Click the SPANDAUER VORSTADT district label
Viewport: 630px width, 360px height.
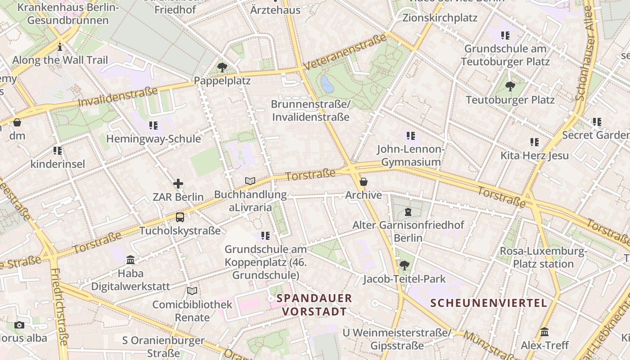click(x=314, y=305)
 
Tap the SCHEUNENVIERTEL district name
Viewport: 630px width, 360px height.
click(x=489, y=303)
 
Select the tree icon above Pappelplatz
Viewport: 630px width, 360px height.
click(x=222, y=67)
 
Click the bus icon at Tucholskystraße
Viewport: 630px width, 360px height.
click(x=180, y=217)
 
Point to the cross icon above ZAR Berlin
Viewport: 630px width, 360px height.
click(x=178, y=184)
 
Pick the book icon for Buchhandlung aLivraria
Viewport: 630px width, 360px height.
click(x=250, y=181)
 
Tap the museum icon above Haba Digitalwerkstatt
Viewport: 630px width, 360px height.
click(x=130, y=260)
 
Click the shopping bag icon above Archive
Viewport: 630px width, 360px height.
click(x=363, y=182)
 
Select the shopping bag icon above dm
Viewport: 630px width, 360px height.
click(x=17, y=122)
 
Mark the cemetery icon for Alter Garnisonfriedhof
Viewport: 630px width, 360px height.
click(x=408, y=211)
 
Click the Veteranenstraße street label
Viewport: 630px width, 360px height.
click(x=345, y=52)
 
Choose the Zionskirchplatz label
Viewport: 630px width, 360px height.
click(x=440, y=18)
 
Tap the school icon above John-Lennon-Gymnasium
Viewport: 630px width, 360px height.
click(x=410, y=135)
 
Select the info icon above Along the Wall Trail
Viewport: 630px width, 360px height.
click(x=60, y=47)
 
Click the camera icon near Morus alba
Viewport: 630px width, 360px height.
click(x=19, y=325)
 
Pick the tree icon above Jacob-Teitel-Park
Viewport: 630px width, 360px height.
click(x=405, y=265)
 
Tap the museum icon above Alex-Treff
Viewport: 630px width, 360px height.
click(x=544, y=332)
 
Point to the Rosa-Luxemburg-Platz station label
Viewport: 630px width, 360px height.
click(x=543, y=257)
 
